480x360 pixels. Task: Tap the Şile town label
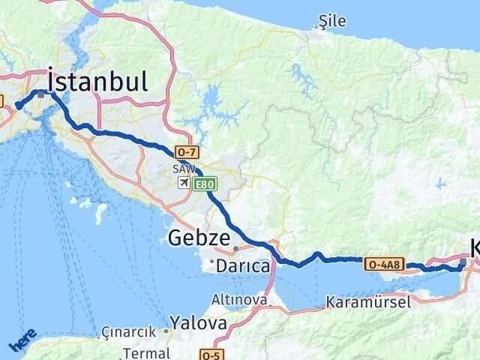332,21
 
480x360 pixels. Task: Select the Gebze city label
198,238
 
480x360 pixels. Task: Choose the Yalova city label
198,323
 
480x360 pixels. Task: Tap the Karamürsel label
367,303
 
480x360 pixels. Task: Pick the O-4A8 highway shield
385,263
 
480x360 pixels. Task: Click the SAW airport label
182,169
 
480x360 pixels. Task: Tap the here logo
22,342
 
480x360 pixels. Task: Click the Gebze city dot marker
235,248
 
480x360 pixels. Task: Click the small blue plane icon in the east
439,182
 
